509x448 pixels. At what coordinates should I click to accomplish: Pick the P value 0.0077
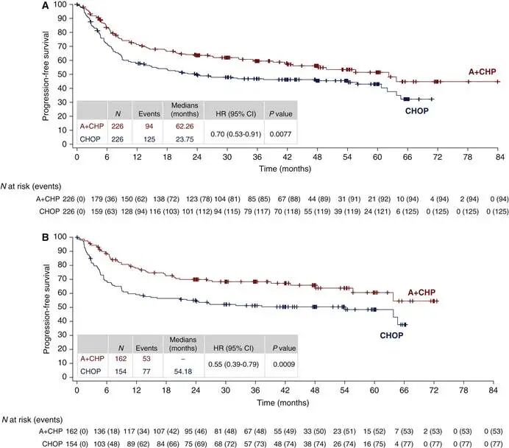pos(279,133)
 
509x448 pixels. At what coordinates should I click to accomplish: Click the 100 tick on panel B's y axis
pos(65,237)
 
